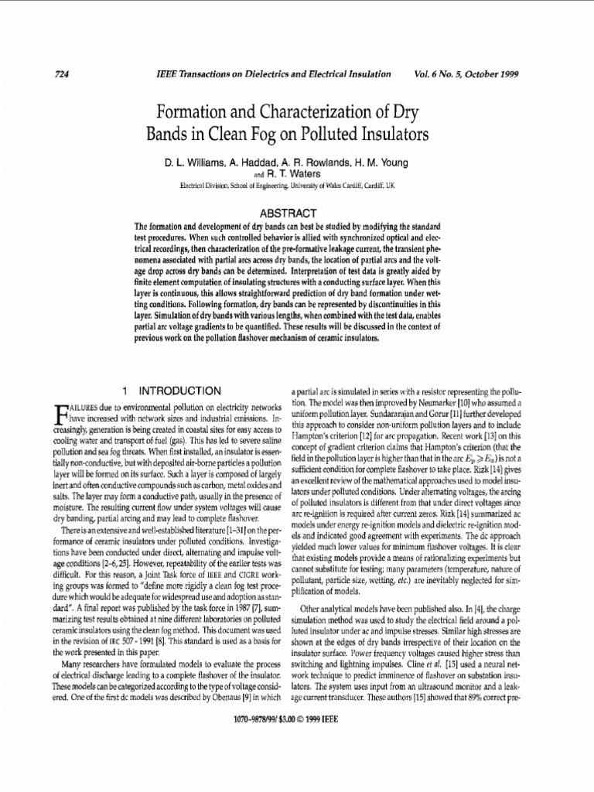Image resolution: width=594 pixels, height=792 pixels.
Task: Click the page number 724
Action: [64, 74]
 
